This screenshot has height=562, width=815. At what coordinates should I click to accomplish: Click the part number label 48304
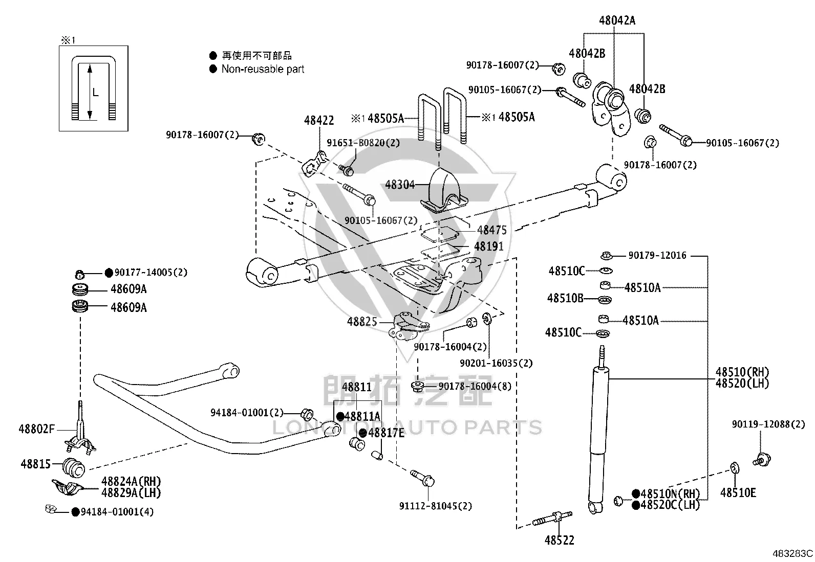[400, 185]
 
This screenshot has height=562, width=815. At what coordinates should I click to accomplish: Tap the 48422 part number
[319, 120]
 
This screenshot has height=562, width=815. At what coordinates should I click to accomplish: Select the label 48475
[492, 230]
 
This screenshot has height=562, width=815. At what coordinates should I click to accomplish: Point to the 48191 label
[488, 246]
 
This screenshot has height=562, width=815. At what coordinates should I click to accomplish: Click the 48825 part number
[362, 321]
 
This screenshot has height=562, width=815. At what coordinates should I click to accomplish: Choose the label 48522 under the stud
[559, 540]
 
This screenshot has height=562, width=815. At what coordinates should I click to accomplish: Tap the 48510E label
[738, 492]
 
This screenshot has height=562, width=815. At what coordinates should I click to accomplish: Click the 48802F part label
[36, 429]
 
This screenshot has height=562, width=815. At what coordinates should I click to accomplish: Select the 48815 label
[36, 464]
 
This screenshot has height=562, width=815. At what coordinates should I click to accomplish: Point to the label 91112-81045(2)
[436, 506]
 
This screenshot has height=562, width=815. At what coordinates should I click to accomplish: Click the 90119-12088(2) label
[768, 424]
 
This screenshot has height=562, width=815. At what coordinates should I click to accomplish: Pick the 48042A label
[617, 20]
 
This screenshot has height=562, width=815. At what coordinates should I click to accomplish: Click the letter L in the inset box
[95, 93]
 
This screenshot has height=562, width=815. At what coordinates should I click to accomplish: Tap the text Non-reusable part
[263, 69]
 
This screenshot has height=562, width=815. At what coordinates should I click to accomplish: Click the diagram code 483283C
[793, 553]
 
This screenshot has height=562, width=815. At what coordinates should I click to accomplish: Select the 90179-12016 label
[657, 255]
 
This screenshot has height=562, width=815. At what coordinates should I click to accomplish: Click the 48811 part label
[357, 387]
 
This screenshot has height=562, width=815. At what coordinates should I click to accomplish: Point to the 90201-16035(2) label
[496, 363]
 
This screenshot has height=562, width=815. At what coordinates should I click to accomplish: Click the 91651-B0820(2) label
[363, 143]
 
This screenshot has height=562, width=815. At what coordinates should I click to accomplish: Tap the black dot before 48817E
[363, 433]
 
